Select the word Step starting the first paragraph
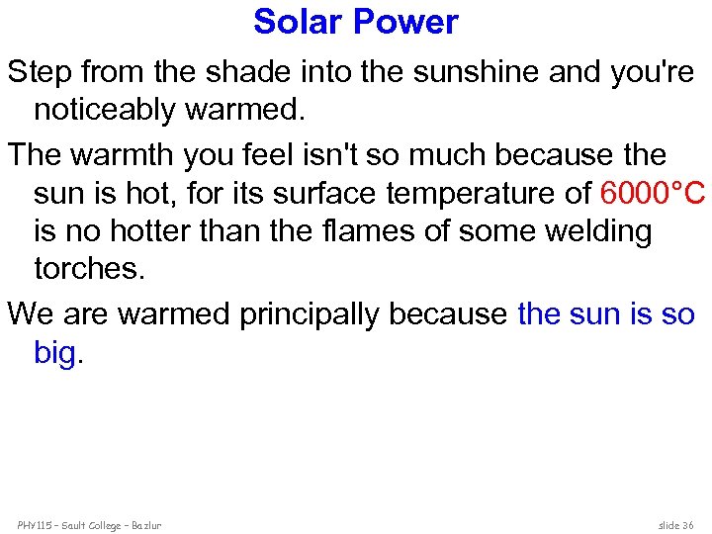[x=40, y=71]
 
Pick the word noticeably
[x=105, y=109]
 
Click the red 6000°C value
[x=652, y=194]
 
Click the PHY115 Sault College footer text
[x=89, y=524]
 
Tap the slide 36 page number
[x=675, y=524]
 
